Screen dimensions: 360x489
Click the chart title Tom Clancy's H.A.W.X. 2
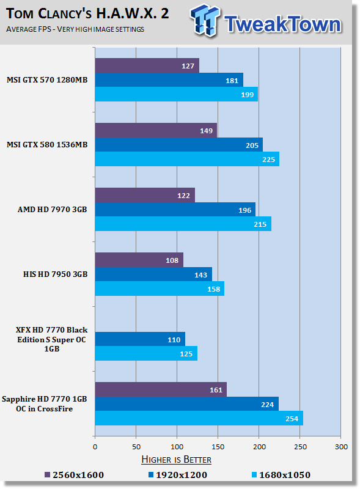(87, 13)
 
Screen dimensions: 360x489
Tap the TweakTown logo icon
(205, 21)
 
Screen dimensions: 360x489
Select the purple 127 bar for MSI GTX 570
(147, 65)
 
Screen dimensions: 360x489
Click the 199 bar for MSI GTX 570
(176, 94)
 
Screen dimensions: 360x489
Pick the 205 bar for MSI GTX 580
(178, 145)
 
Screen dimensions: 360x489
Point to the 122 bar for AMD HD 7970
(145, 195)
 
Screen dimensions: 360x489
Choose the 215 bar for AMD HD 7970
(183, 224)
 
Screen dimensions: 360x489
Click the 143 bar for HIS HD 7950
(153, 274)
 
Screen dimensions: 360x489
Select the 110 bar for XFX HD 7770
(140, 339)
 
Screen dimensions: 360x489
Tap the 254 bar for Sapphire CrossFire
(199, 418)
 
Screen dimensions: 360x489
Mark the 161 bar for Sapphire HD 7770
(161, 389)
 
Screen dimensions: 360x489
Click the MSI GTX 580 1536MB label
(47, 145)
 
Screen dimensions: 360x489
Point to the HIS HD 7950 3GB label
(55, 274)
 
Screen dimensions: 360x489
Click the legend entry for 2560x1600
(74, 475)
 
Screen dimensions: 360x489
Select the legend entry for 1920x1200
(178, 475)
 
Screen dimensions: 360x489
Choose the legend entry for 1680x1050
(281, 475)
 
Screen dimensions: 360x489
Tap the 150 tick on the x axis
(218, 447)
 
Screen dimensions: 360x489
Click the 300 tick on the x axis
(341, 447)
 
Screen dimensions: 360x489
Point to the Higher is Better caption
(176, 460)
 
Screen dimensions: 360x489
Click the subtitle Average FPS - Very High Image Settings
(75, 29)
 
